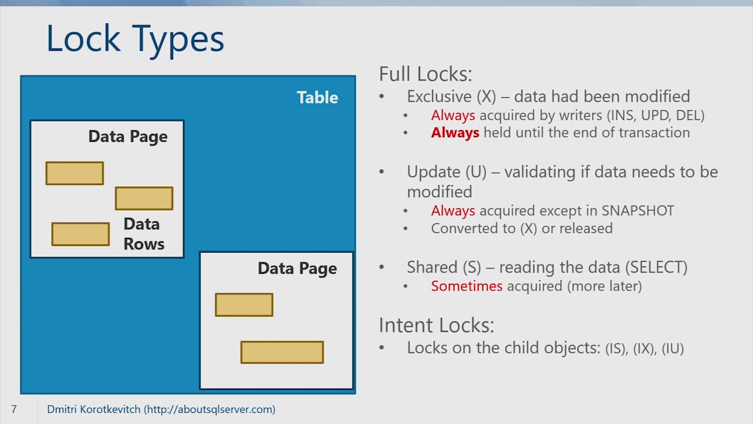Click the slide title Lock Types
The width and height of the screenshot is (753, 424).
(x=135, y=39)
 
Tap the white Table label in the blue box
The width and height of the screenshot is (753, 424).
(x=317, y=97)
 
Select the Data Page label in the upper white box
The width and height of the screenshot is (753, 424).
(x=128, y=137)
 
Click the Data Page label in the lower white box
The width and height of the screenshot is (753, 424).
(x=297, y=269)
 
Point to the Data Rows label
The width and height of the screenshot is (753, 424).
(x=143, y=234)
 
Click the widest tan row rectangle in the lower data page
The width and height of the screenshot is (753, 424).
(x=282, y=352)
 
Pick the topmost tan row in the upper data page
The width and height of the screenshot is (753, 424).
(x=75, y=173)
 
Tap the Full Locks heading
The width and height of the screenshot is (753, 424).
(x=425, y=74)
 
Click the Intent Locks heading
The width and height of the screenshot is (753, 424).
(x=437, y=325)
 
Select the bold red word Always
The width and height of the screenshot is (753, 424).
(x=455, y=132)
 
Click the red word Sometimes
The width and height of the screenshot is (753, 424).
(x=467, y=286)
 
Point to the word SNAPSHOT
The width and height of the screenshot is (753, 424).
(x=638, y=211)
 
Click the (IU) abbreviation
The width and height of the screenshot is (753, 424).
(x=672, y=349)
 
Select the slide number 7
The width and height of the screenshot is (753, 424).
(x=14, y=409)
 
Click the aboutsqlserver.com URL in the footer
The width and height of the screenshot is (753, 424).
(x=210, y=409)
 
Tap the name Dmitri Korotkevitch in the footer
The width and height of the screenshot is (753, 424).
(x=94, y=409)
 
